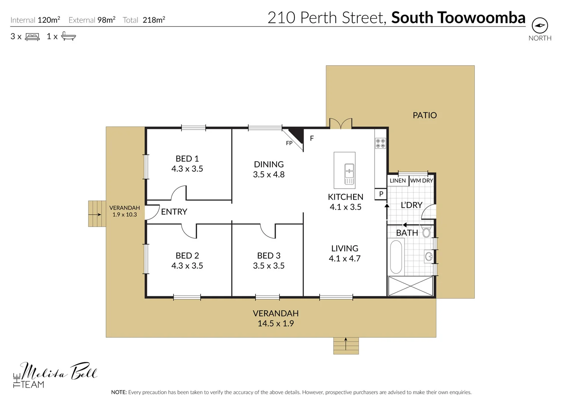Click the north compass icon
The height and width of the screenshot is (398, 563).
[x=540, y=25]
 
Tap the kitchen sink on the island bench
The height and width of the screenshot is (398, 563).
[x=349, y=174]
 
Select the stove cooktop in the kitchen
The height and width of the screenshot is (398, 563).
[x=380, y=143]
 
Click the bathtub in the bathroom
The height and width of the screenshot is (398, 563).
[x=396, y=257]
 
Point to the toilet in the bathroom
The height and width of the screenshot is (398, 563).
[x=426, y=232]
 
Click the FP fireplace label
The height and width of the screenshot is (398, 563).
[x=289, y=143]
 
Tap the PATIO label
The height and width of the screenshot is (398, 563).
[x=424, y=115]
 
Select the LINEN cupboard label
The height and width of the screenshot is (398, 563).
[x=397, y=181]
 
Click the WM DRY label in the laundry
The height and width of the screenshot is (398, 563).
[x=421, y=181]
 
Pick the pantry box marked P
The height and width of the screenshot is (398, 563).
[x=381, y=194]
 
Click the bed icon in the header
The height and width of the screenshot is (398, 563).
[x=32, y=36]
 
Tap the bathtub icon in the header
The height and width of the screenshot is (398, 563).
[x=68, y=36]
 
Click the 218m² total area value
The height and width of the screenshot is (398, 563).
[x=154, y=20]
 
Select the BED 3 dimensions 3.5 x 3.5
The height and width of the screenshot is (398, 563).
[x=268, y=266]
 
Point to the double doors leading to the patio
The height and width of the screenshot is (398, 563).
[x=341, y=124]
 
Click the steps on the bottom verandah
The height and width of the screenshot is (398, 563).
[x=346, y=346]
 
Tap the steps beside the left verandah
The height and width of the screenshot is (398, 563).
[x=97, y=214]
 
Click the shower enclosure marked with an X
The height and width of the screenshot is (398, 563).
[x=410, y=286]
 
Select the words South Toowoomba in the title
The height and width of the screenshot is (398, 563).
[x=458, y=18]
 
